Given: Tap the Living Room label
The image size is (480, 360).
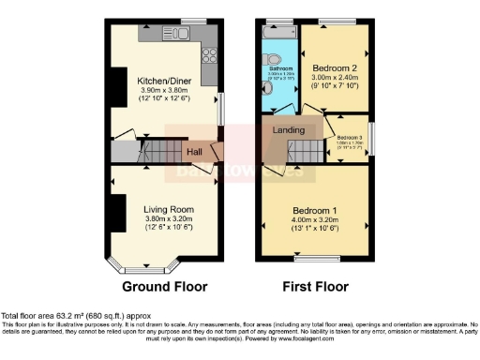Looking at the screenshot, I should (x=168, y=209).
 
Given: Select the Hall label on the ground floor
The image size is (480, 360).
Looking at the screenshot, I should (x=194, y=152).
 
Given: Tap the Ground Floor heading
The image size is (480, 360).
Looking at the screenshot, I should (x=165, y=286).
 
